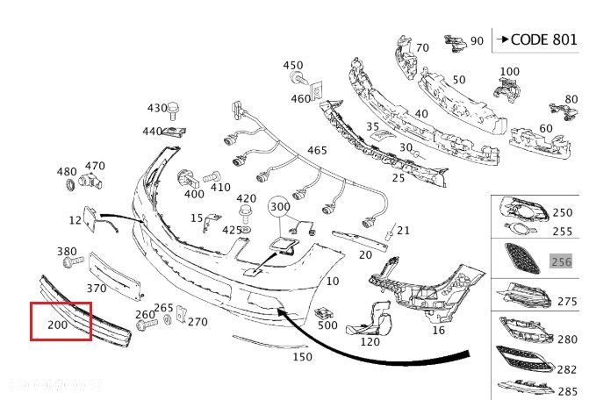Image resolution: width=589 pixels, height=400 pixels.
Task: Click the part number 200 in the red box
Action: pos(58,325)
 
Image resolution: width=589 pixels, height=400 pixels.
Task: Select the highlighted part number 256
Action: pos(560,261)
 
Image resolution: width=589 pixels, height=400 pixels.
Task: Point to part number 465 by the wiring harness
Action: pos(317,151)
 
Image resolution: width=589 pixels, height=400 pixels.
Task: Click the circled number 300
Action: pos(279,207)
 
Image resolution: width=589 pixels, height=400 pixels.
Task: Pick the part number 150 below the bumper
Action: pos(302,357)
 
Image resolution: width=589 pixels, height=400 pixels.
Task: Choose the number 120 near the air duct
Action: pos(370,341)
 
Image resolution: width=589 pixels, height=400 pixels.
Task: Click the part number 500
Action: pos(327,325)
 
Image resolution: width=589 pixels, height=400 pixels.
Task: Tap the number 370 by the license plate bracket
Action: pos(97,288)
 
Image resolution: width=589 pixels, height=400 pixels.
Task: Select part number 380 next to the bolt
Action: pos(68,251)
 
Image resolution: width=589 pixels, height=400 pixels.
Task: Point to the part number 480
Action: pos(68,171)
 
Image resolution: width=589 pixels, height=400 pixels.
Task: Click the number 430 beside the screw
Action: pos(157,108)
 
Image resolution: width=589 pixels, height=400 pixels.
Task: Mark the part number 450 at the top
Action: pos(292,65)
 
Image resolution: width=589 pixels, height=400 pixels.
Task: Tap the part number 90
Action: pos(477,40)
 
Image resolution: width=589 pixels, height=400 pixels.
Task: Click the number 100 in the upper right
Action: pos(510,71)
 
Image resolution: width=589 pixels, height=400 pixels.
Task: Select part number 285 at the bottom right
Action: pos(568,391)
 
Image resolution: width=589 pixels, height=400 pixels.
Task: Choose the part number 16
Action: pos(439,330)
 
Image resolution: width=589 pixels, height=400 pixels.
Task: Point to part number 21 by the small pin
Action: pos(403,231)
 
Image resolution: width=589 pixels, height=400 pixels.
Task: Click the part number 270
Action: pos(198,322)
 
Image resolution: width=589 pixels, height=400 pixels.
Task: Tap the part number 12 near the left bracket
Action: pos(76,219)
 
